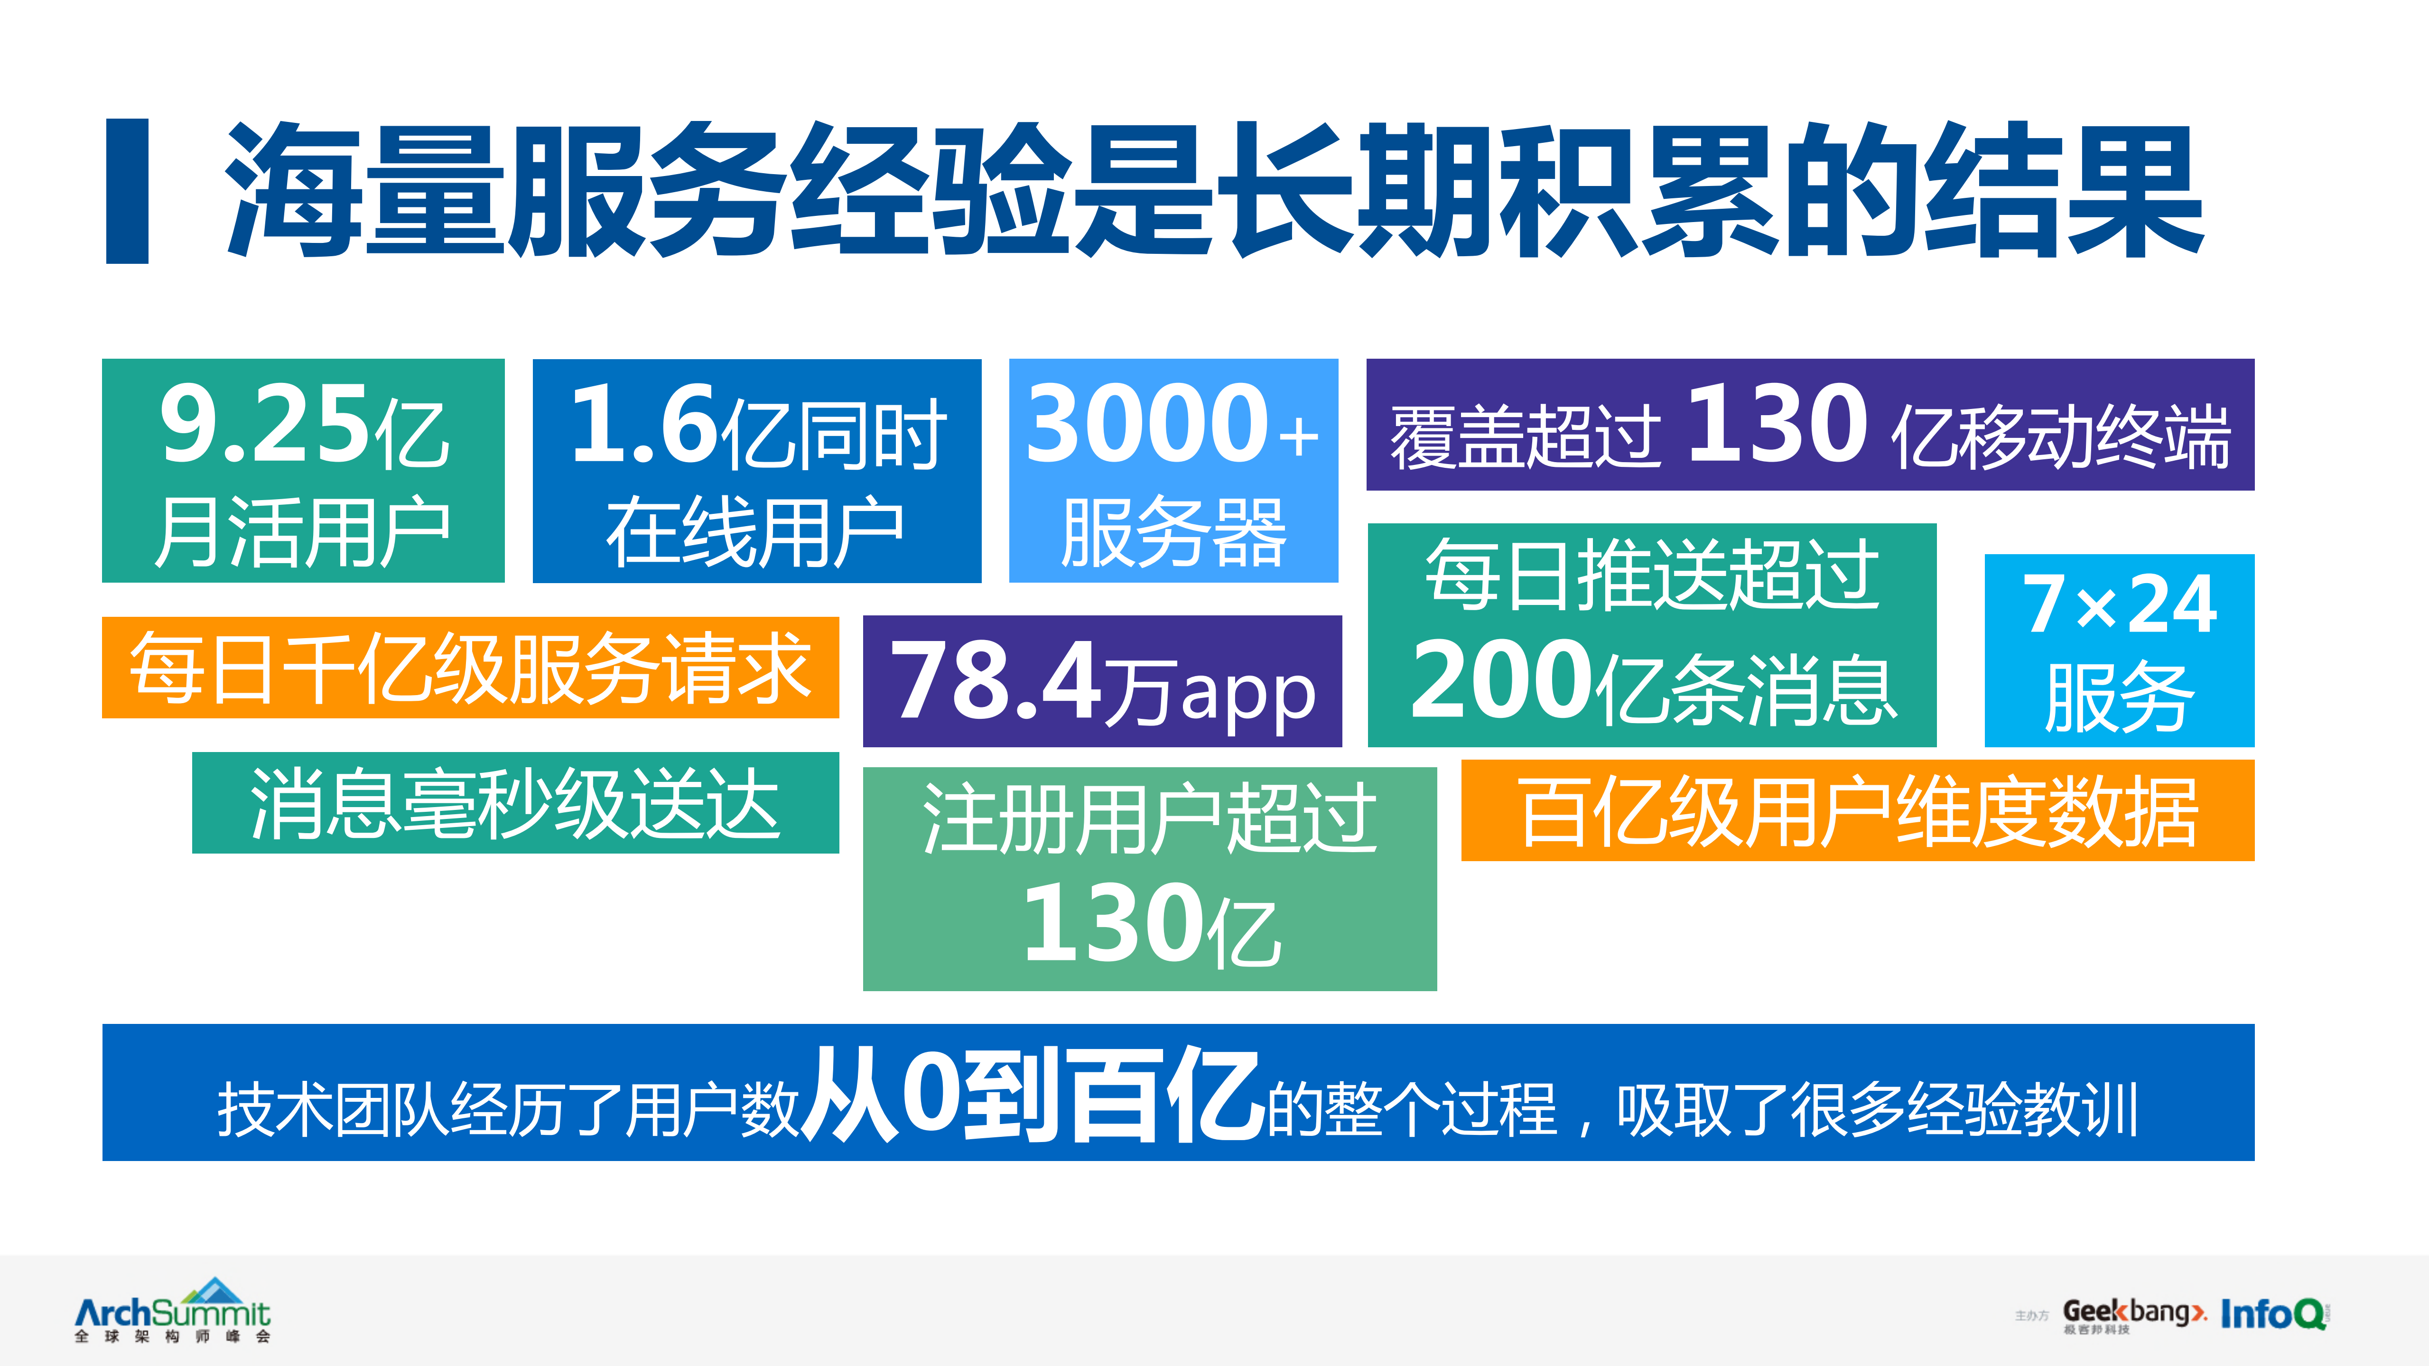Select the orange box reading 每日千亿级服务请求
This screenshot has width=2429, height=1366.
pos(470,668)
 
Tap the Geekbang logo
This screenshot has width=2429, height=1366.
pos(2133,1313)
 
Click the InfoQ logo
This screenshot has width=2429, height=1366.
pos(2272,1313)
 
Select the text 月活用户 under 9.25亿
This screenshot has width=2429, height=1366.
pos(302,533)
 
